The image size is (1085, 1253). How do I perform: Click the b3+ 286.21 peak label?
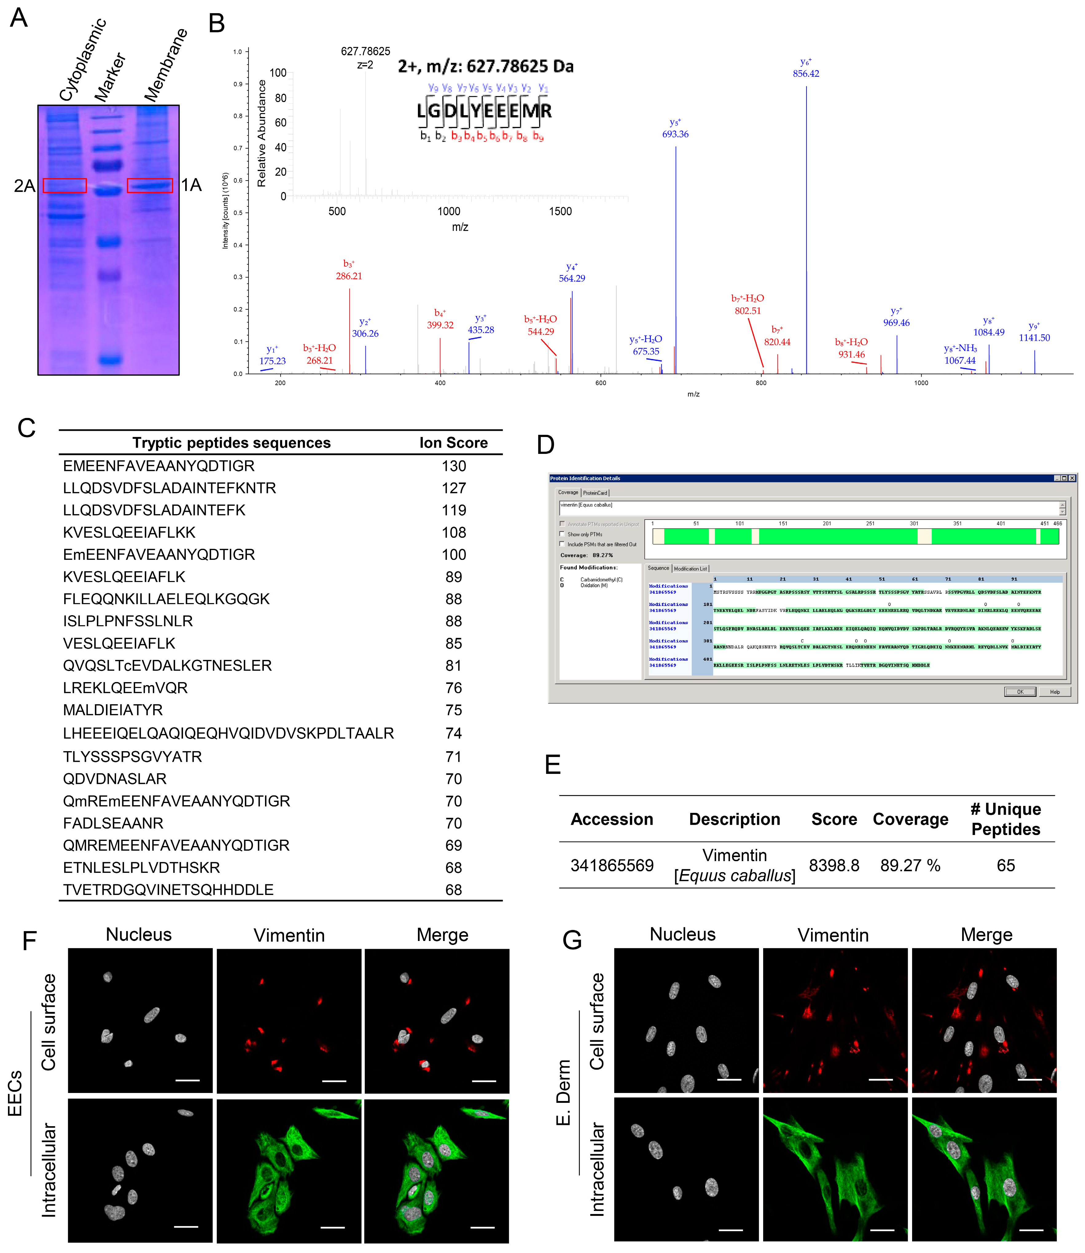349,270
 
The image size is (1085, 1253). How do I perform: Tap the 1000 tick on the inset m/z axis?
449,211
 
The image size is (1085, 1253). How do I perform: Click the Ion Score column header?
454,443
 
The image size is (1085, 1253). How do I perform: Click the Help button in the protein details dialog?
1055,692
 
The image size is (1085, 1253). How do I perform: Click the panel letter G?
572,940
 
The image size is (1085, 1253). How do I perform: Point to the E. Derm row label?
563,1093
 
